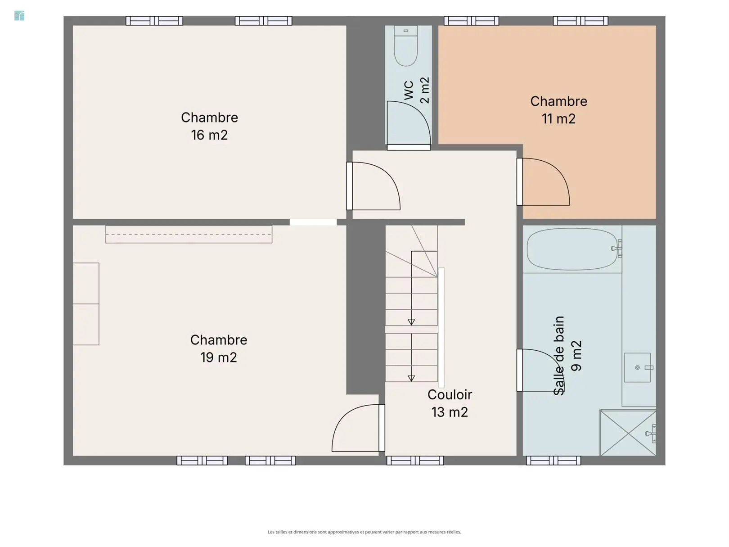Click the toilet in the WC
point(405,46)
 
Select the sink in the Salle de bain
point(637,367)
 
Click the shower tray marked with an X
point(628,433)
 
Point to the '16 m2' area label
point(209,135)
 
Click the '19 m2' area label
point(219,357)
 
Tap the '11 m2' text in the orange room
point(558,119)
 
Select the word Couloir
point(450,394)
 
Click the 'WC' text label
point(409,90)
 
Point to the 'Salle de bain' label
point(559,356)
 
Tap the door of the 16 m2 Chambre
point(373,186)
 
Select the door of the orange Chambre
point(543,182)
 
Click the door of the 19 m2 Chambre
point(358,428)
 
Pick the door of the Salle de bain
point(540,370)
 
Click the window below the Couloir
point(415,460)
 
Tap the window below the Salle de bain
point(553,460)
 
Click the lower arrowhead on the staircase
point(411,378)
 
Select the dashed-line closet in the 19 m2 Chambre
point(189,235)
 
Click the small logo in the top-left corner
point(19,16)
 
